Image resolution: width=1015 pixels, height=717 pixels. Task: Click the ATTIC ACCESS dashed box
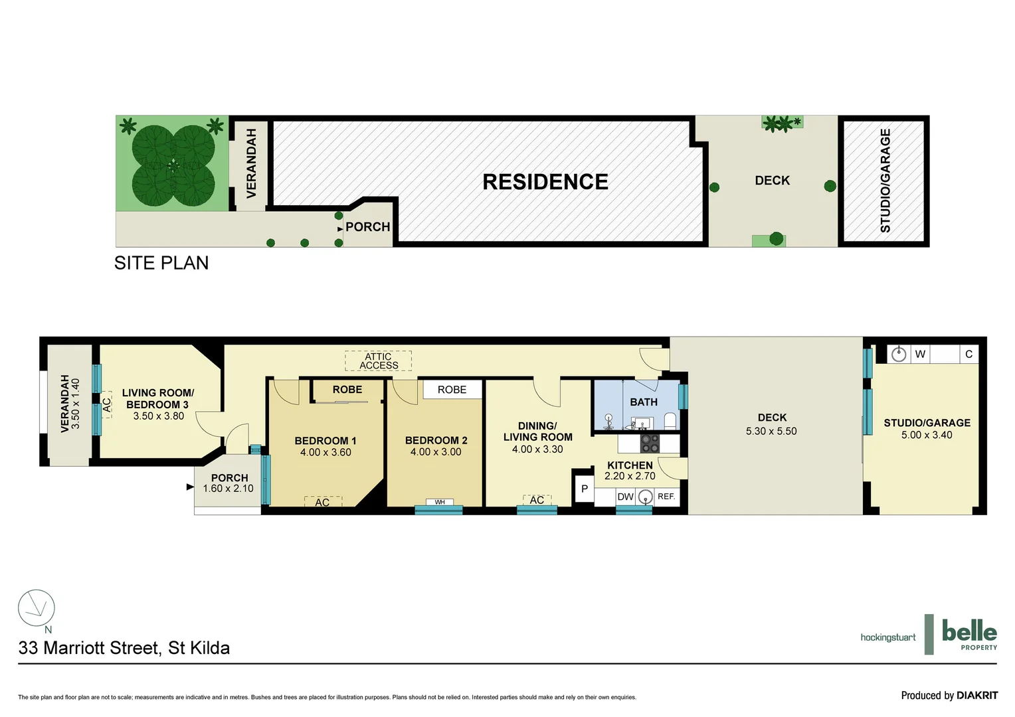click(378, 361)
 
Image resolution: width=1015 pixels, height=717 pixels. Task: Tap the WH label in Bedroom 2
click(440, 502)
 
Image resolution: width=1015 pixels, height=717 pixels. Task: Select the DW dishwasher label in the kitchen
click(625, 497)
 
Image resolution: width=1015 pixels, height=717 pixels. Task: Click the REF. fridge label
click(666, 497)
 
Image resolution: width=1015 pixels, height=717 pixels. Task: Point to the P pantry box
click(584, 489)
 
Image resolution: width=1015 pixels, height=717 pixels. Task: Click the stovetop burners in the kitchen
click(650, 443)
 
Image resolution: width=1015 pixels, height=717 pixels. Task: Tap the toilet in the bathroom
click(670, 421)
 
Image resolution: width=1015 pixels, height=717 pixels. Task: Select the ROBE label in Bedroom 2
click(452, 390)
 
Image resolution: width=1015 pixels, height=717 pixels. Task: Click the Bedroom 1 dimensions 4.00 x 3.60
click(325, 452)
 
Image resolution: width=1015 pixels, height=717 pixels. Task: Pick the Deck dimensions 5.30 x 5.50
click(771, 431)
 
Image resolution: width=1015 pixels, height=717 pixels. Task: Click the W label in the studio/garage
click(920, 354)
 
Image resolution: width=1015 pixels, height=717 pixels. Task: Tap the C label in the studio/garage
click(969, 354)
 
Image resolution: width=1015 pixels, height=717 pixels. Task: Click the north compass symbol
click(37, 608)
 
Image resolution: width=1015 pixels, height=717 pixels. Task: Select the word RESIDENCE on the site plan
click(545, 182)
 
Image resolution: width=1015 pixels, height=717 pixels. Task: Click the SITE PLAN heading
click(161, 263)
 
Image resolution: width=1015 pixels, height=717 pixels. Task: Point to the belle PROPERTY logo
click(969, 635)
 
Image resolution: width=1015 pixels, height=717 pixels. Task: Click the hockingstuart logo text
click(887, 637)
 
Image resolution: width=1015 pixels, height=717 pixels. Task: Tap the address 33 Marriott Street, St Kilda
click(124, 648)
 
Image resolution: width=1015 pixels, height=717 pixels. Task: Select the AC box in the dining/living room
click(537, 500)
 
